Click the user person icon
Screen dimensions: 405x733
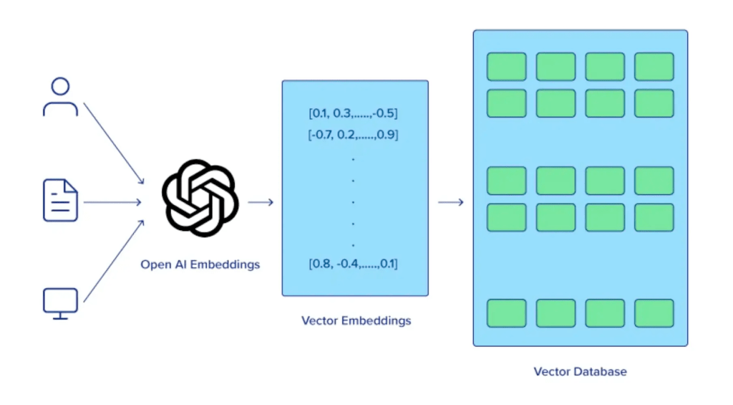pos(60,97)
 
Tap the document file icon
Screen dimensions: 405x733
pos(60,201)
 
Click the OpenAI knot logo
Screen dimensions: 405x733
pos(199,197)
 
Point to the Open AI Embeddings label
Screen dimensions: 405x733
pos(200,265)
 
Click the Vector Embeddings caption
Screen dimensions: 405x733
pos(356,320)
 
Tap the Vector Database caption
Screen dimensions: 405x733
pos(580,371)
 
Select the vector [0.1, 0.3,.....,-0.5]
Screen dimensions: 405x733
pos(353,113)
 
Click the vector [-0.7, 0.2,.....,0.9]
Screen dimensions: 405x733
pos(353,134)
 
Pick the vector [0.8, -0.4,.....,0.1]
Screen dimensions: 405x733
pos(353,264)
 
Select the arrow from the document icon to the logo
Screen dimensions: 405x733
pos(112,202)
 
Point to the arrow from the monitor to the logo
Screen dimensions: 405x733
pos(114,261)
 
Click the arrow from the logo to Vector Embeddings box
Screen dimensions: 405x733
pos(261,202)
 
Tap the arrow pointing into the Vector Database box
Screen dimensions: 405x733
pos(450,202)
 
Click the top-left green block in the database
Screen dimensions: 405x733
pos(507,67)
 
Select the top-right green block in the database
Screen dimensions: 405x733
pos(654,67)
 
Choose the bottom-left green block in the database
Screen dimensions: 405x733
pos(507,313)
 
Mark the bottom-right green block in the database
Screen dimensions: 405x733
pos(654,313)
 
